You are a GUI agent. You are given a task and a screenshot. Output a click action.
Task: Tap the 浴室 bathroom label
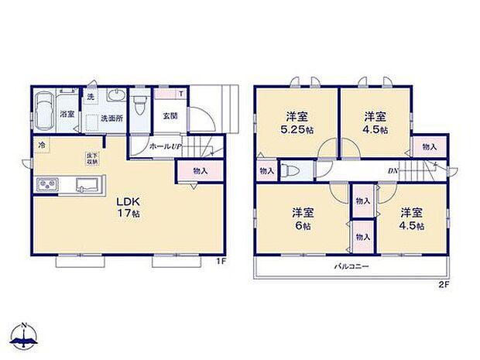pos(67,114)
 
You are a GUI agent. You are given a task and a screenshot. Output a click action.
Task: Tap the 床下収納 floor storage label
pos(91,158)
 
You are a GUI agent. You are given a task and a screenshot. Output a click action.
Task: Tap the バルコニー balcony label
pos(351,266)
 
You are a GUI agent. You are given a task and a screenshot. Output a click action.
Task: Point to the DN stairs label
pos(394,172)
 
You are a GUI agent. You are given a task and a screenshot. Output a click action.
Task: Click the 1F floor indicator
pos(221,261)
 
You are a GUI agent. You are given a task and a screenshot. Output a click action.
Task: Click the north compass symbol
pos(25,334)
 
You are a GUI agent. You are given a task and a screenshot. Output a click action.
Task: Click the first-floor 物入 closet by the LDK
pos(200,171)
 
